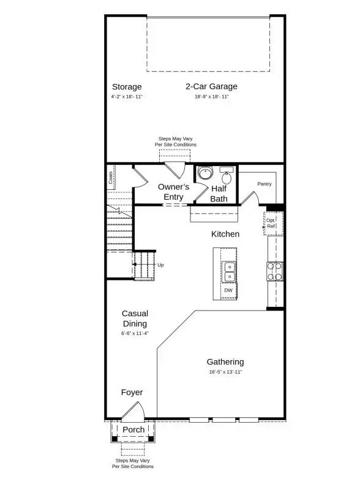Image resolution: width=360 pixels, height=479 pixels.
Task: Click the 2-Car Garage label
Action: click(x=211, y=86)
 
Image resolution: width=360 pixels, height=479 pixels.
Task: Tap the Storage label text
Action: click(x=127, y=86)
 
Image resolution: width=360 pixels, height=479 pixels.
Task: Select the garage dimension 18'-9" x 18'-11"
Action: click(x=211, y=97)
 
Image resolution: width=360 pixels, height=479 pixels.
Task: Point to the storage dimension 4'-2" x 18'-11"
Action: click(x=127, y=97)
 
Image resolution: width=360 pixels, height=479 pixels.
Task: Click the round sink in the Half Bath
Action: click(x=204, y=173)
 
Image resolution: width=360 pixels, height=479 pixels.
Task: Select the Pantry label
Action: click(x=264, y=184)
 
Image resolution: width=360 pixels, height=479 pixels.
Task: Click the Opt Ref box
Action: click(x=271, y=222)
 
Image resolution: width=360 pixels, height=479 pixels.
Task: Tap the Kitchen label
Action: click(x=225, y=234)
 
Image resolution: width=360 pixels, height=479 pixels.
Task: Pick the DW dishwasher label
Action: click(x=228, y=290)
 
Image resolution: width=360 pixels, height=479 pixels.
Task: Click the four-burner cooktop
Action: click(x=275, y=271)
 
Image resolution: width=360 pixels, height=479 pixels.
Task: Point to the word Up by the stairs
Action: click(x=160, y=265)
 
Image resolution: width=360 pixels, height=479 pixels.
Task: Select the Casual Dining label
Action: click(x=135, y=319)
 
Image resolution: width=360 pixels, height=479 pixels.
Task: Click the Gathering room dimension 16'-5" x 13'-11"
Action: click(x=225, y=372)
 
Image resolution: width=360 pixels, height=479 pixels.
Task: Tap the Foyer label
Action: click(x=132, y=393)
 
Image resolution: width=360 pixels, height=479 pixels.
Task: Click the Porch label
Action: click(x=133, y=429)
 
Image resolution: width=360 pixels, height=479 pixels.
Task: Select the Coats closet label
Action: click(x=111, y=178)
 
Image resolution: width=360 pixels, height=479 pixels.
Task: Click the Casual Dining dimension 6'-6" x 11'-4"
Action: click(x=135, y=333)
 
